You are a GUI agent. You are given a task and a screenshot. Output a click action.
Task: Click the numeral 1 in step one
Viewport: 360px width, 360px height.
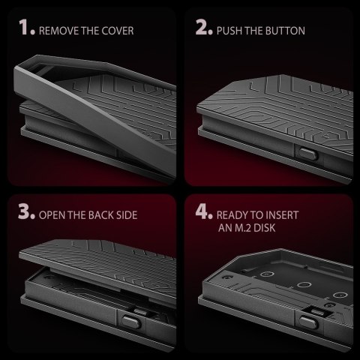[25, 27]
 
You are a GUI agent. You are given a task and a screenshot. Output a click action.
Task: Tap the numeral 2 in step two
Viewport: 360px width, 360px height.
[202, 27]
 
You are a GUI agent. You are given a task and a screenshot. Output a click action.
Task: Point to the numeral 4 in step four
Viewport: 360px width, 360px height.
[202, 211]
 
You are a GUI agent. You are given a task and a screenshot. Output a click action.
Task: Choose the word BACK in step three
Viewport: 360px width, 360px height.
[100, 215]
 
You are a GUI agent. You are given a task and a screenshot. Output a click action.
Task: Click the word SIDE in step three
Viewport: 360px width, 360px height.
[127, 215]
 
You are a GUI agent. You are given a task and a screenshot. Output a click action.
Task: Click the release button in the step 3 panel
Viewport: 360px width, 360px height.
[131, 322]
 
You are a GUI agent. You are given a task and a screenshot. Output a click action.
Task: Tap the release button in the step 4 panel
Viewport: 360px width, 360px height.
[309, 322]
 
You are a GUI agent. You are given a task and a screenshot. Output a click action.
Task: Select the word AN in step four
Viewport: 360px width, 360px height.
[226, 228]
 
